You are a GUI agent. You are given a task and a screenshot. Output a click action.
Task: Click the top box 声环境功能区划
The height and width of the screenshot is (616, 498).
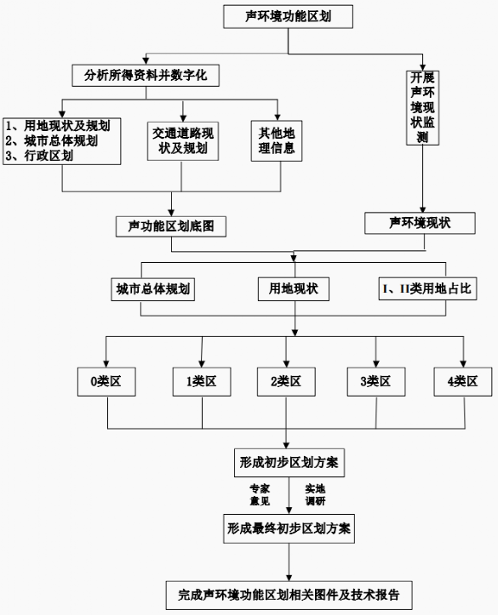(288, 16)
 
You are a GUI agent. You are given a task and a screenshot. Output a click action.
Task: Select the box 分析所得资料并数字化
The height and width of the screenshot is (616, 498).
(146, 76)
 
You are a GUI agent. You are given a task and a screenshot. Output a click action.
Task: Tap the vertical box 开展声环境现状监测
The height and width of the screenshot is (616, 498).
(422, 108)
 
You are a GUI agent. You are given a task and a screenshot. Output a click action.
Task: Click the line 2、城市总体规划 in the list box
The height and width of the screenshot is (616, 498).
(51, 140)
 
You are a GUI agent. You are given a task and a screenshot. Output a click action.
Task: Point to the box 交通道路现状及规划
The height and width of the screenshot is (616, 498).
(183, 141)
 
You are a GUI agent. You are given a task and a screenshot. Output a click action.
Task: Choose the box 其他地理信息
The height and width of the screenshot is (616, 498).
(277, 140)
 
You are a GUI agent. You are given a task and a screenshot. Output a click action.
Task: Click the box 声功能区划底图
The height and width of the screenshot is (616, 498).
(171, 226)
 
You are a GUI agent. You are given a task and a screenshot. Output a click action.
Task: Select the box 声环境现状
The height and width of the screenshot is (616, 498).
(420, 223)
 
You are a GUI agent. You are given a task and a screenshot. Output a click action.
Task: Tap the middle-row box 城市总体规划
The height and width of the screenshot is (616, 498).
(153, 289)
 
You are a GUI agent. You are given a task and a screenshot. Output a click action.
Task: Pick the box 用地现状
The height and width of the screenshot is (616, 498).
(294, 289)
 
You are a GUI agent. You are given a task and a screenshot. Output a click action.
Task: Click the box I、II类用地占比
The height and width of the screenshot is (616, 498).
(427, 289)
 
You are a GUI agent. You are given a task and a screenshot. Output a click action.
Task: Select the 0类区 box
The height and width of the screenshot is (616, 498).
(106, 382)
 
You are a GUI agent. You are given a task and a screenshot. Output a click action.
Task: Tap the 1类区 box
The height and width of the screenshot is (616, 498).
(202, 382)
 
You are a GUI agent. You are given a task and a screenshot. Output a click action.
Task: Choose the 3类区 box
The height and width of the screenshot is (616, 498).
(376, 382)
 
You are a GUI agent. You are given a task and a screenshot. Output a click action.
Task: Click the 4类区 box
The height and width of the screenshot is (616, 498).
(463, 382)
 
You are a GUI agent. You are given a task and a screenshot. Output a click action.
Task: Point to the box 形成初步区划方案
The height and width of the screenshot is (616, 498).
(289, 463)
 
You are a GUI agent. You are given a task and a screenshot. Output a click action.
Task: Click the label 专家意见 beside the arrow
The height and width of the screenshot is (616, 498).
(260, 495)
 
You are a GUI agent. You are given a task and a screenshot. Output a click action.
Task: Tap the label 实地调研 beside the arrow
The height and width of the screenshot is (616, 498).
(315, 495)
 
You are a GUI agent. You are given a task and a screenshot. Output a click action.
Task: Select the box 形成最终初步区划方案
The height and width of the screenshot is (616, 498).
(289, 528)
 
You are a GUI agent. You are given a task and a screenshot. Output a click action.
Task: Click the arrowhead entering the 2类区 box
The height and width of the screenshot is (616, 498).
(286, 364)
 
